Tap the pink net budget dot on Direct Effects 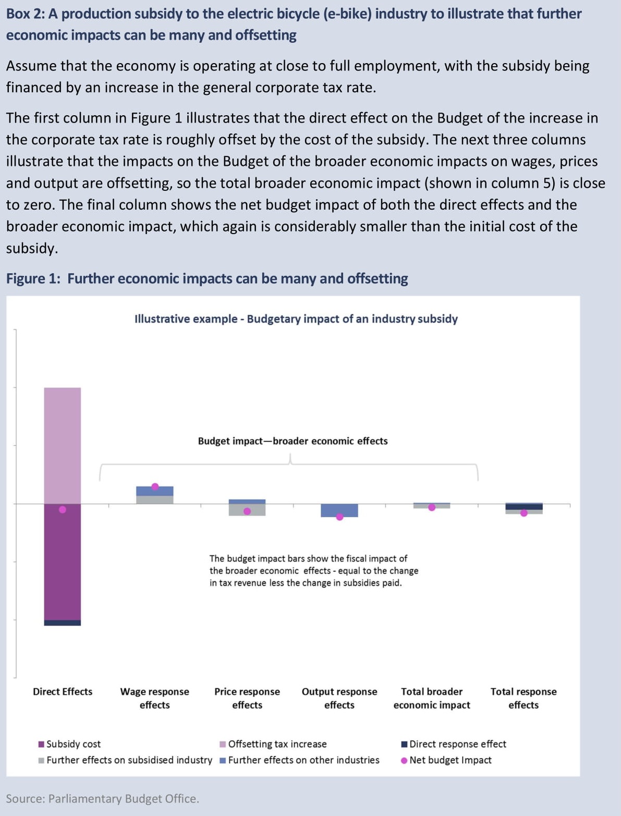click(x=63, y=509)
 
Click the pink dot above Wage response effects click(x=155, y=486)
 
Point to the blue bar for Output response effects click(x=339, y=509)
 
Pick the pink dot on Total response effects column click(x=524, y=513)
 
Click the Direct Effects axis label click(x=63, y=691)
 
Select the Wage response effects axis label click(x=154, y=698)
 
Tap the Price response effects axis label click(x=247, y=698)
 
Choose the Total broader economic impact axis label click(x=431, y=698)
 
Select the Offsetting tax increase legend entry click(x=277, y=744)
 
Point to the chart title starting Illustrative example click(x=296, y=319)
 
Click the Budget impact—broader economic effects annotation click(x=293, y=441)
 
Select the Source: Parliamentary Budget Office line click(x=102, y=799)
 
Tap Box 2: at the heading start click(x=25, y=14)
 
